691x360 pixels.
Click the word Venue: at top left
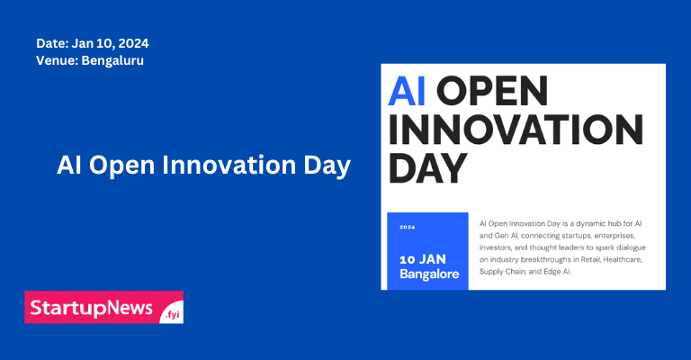coord(55,60)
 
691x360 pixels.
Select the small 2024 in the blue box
coord(408,227)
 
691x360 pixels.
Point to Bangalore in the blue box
coord(429,273)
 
